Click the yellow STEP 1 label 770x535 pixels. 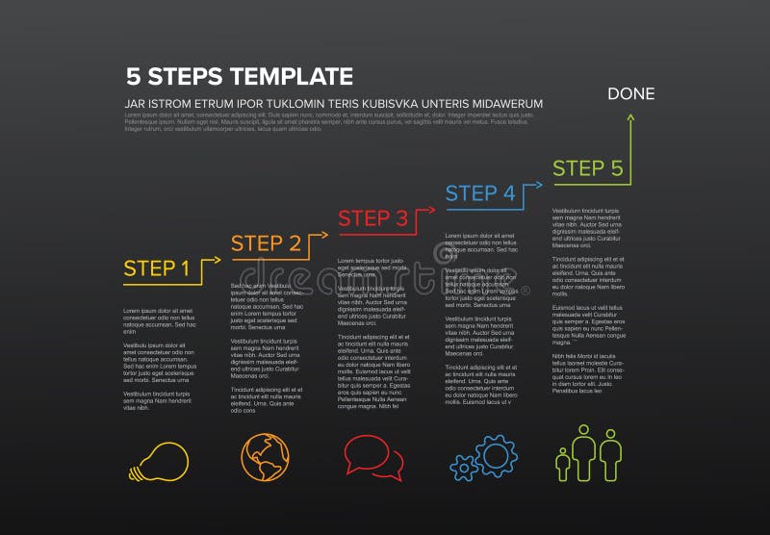tap(157, 268)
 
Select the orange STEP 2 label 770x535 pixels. tap(267, 243)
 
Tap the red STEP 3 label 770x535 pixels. tap(373, 218)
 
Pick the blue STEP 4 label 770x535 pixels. tap(480, 192)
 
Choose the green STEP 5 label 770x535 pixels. tap(588, 168)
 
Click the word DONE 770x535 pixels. tap(630, 94)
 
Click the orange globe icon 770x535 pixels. tap(263, 457)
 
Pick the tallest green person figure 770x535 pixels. tap(585, 450)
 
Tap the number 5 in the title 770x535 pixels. tap(133, 76)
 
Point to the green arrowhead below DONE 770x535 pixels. tap(631, 117)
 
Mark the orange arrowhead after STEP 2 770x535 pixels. tap(320, 233)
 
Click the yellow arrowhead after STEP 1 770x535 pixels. tap(214, 259)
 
